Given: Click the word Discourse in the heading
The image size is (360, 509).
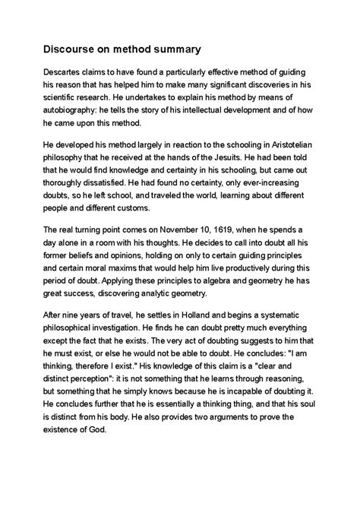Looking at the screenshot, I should coord(72,50).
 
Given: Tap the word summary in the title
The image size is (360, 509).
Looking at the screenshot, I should coord(172,50).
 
